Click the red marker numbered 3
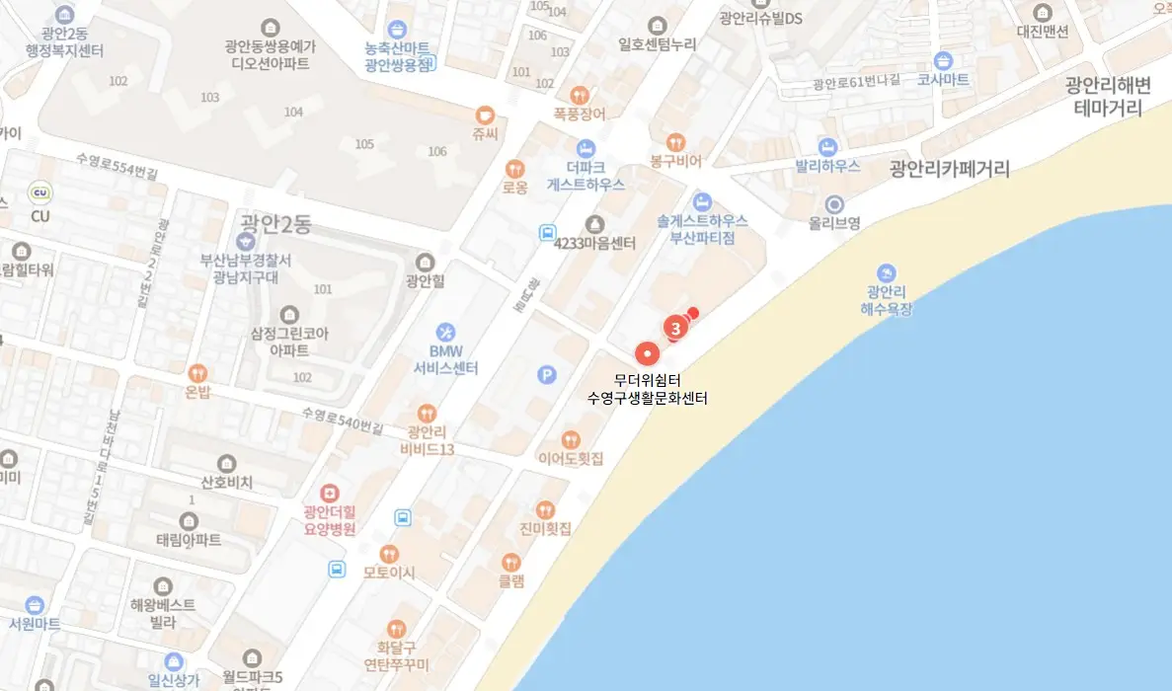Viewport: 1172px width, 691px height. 674,327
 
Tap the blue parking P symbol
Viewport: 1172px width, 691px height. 546,375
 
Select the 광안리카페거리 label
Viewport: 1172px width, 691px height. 949,169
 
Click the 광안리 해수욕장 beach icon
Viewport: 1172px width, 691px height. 887,271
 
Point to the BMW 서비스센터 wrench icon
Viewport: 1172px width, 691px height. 446,332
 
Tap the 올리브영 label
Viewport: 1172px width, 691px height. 833,223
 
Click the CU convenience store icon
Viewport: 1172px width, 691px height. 40,193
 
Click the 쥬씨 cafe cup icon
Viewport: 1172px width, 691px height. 484,115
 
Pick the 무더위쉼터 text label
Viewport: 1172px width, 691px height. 647,380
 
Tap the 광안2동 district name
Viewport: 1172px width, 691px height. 275,224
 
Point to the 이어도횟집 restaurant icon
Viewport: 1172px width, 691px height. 570,439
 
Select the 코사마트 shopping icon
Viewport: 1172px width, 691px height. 943,60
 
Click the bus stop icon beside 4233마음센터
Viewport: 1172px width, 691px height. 547,233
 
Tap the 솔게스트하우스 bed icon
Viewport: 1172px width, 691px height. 702,201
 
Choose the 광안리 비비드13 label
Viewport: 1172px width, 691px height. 428,440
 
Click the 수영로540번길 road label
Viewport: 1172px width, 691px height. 343,420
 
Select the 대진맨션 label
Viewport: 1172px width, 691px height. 1043,31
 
